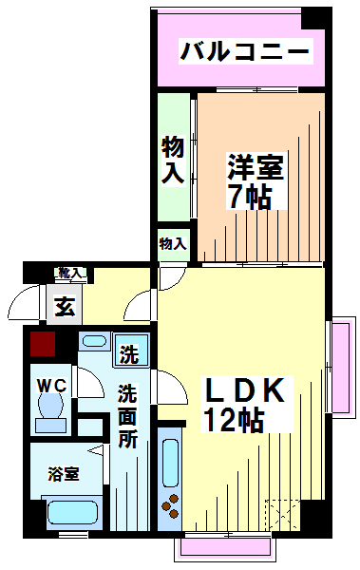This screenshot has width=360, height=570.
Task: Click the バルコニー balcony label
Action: coord(245,51)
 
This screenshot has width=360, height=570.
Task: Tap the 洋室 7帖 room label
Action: coord(256,181)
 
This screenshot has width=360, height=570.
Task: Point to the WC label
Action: coord(52,386)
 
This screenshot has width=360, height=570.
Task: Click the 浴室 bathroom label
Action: coord(64,474)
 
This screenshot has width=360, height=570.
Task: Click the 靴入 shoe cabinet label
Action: coord(70,273)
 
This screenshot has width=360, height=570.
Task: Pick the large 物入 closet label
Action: coord(173,160)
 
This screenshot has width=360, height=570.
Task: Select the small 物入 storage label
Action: coord(173,243)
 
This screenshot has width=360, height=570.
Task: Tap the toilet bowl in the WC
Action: coord(50,411)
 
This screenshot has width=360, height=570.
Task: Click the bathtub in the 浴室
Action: coord(73,512)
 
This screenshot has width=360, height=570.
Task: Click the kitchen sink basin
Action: coord(170,463)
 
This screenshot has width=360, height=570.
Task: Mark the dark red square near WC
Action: coord(43,344)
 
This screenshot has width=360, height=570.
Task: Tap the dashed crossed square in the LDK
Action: coord(282,515)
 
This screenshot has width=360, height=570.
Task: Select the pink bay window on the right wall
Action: coord(342,368)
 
